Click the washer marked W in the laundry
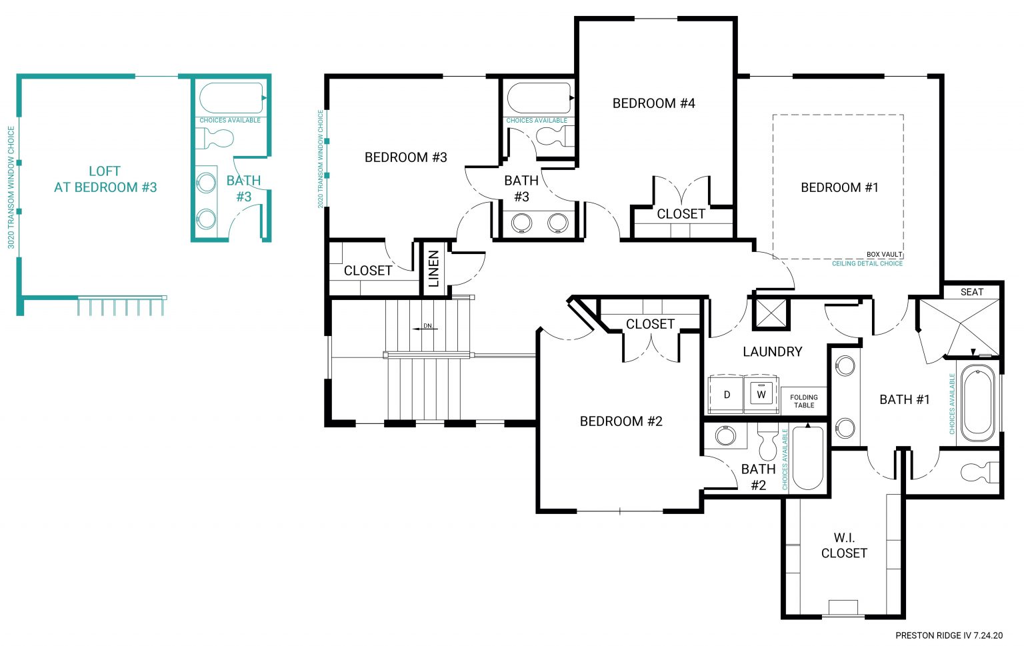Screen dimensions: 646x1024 coord(761,394)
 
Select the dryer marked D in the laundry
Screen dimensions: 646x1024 coord(727,395)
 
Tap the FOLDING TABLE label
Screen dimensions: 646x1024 coord(803,401)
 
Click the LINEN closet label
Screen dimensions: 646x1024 coord(434,268)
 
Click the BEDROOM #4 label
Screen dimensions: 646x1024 coord(653,103)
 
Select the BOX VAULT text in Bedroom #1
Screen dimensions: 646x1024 coord(884,255)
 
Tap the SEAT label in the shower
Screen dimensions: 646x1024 coord(971,292)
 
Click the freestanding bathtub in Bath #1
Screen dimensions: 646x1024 coord(977,401)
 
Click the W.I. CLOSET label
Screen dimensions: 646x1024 coord(843,545)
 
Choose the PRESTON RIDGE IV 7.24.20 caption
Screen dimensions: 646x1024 coord(948,635)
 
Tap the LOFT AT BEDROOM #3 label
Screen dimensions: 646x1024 coord(105,179)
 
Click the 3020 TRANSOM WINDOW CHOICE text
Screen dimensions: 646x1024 coord(11,187)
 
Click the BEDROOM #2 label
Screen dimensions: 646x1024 coord(621,421)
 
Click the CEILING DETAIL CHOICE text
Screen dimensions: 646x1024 coord(867,264)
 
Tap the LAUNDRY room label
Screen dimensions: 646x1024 coord(772,351)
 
